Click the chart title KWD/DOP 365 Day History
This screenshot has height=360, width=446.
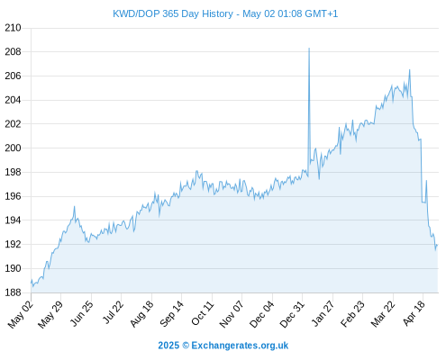coord(173,13)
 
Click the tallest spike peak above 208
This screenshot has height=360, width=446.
coord(309,48)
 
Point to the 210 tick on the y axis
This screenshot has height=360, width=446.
coord(13,28)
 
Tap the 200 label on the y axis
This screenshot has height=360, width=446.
coord(13,148)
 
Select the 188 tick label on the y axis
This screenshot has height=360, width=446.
coord(13,292)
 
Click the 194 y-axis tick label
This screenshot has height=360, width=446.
coord(13,220)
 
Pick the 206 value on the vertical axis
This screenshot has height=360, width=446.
coord(13,76)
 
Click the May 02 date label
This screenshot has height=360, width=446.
coord(21,314)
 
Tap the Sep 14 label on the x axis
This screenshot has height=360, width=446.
coord(171,314)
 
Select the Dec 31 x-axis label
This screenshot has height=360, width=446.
coord(292,314)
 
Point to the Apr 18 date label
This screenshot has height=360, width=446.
coord(414,313)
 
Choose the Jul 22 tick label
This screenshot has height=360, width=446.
coord(113,312)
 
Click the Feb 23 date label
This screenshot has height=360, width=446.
coord(352,314)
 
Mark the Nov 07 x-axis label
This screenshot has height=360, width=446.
coord(231,314)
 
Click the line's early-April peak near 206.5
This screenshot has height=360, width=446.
coord(409,70)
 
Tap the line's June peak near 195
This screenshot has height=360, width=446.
coord(74,206)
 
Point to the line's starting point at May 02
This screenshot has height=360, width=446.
coord(32,282)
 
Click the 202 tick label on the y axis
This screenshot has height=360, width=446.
coord(13,124)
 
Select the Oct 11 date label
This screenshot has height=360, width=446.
coord(203,314)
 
